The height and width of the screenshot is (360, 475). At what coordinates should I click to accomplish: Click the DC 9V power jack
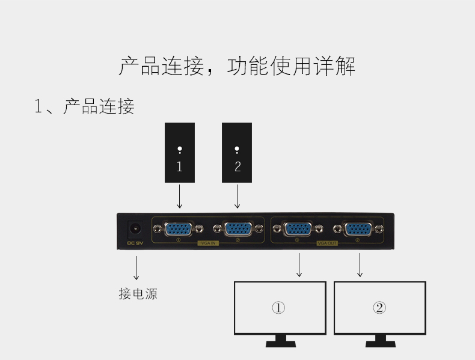coord(133,229)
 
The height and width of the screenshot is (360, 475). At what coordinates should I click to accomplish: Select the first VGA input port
coord(179,228)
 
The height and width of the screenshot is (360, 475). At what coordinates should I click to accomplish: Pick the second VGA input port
coord(237,228)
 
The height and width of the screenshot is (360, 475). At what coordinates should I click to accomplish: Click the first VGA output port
coord(298,228)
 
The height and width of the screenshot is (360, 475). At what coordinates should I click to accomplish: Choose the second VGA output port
coord(357,228)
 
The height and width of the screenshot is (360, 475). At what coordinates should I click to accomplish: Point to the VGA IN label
coord(207,243)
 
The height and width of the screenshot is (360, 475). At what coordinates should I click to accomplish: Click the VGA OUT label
coord(327,243)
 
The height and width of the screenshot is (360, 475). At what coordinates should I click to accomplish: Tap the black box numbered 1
coord(180,153)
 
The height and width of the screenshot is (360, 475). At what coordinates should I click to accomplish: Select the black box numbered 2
coord(237,153)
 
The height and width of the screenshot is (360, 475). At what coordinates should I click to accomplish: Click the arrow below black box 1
coord(179,197)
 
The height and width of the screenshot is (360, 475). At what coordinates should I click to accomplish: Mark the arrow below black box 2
coord(237,197)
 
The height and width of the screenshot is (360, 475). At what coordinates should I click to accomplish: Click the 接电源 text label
coord(138,294)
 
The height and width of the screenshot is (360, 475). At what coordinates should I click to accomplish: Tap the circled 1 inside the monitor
coord(278,308)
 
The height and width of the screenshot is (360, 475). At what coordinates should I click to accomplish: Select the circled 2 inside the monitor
coord(379,308)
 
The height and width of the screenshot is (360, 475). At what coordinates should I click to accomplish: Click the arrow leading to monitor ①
coord(299,265)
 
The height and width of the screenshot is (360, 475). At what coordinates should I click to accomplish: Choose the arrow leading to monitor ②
coord(360,265)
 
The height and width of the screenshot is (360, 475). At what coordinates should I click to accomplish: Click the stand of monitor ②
coord(380,341)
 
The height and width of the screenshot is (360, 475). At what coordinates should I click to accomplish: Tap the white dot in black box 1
coord(180,150)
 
